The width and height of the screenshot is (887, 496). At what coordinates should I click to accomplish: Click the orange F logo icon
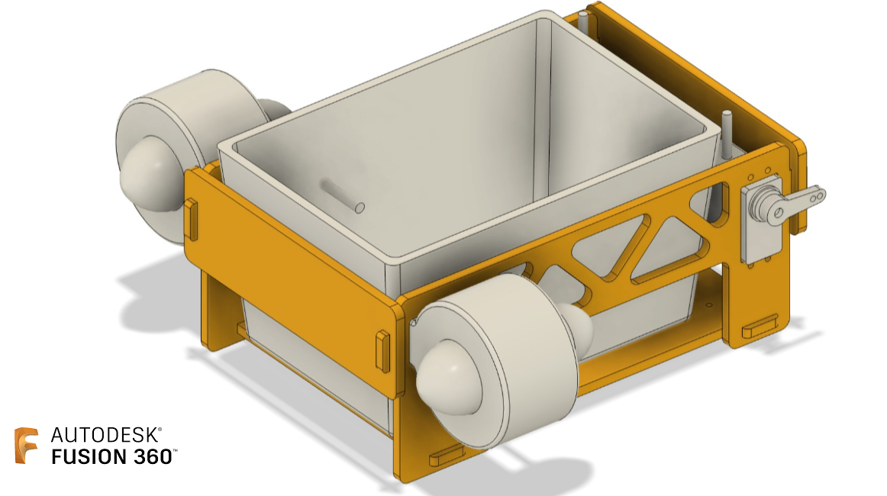click(x=26, y=446)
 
